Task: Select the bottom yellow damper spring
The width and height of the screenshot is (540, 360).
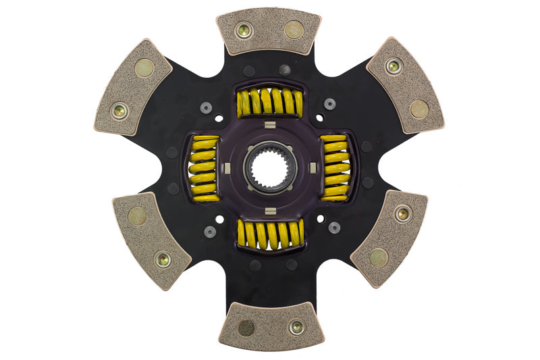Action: (x=270, y=234)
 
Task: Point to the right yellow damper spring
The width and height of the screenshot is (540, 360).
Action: (x=335, y=168)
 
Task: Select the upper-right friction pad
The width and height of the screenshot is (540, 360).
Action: (x=405, y=85)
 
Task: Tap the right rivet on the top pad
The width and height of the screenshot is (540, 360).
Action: (x=294, y=29)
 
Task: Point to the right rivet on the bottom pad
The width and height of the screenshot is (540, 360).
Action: (x=296, y=328)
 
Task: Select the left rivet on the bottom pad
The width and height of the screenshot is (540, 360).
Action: (x=246, y=328)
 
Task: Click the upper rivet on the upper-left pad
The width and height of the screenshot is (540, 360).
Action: (x=144, y=68)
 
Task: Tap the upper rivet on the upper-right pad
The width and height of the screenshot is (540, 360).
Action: (x=394, y=66)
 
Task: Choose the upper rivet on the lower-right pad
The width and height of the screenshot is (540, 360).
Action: (x=402, y=214)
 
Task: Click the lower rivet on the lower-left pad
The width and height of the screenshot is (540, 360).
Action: (x=163, y=259)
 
